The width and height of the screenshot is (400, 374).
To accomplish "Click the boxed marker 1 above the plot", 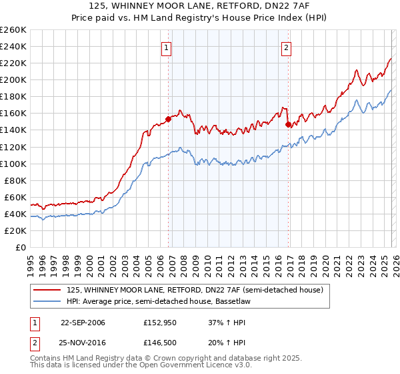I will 165,47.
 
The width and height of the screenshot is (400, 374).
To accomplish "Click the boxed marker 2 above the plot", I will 286,47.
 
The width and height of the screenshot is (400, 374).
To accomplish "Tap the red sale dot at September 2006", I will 168,119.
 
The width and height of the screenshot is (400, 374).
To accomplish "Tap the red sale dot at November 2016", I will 288,124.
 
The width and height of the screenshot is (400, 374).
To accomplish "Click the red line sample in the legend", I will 47,290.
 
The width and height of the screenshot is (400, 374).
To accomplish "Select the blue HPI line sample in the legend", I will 47,301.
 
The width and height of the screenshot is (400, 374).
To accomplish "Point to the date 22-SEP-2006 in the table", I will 83,323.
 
